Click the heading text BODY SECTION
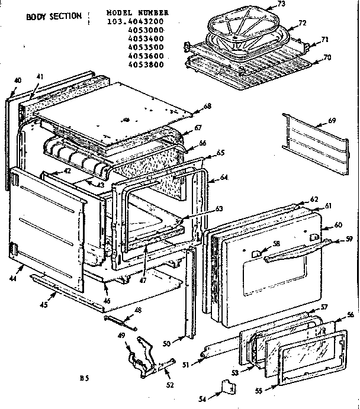coord(53,16)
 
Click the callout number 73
coord(281,5)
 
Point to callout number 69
coord(332,121)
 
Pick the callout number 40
coord(17,80)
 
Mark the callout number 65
coord(221,153)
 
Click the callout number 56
coord(351,314)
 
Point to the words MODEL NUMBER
coord(137,12)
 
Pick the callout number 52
coord(170,385)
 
